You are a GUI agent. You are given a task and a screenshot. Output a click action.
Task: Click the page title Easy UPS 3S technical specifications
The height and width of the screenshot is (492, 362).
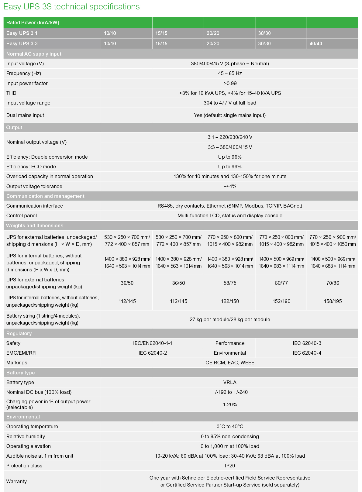click(x=71, y=7)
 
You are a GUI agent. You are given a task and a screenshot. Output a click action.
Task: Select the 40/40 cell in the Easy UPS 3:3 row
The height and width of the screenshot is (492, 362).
click(x=316, y=43)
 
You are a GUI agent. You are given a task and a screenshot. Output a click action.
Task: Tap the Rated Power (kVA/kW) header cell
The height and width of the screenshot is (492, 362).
click(x=33, y=22)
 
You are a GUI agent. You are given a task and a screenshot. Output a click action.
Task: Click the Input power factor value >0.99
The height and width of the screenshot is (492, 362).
click(x=230, y=83)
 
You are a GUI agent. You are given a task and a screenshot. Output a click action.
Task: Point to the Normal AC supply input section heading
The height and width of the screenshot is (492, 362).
click(x=34, y=54)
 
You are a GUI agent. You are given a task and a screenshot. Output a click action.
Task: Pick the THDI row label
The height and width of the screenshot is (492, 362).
click(x=12, y=93)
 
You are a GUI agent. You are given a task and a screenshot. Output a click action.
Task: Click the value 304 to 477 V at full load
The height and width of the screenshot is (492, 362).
click(x=230, y=103)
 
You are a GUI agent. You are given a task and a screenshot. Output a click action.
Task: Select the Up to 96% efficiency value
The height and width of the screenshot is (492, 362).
click(x=230, y=157)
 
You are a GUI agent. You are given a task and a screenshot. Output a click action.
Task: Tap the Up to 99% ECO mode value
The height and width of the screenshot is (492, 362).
click(x=230, y=167)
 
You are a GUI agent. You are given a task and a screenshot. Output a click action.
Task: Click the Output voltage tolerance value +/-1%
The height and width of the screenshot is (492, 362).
click(x=230, y=186)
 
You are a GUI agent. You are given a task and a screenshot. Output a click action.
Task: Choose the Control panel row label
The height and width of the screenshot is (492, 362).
click(x=22, y=215)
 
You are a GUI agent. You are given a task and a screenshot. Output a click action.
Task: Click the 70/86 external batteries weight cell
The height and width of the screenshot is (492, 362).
click(x=333, y=283)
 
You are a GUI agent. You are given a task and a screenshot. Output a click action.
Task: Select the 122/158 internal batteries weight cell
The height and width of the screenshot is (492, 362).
click(x=230, y=301)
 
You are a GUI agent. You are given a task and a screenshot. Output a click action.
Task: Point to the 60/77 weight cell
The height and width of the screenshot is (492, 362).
click(x=281, y=283)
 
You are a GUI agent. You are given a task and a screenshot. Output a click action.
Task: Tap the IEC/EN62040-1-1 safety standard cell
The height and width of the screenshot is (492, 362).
click(x=153, y=343)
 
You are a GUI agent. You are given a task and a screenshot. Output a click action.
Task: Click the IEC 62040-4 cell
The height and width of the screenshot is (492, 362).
click(x=307, y=353)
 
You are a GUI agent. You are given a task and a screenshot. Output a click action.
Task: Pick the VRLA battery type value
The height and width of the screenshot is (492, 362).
click(x=230, y=382)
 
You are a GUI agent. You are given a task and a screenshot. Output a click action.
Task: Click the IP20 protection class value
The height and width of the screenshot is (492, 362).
click(x=230, y=466)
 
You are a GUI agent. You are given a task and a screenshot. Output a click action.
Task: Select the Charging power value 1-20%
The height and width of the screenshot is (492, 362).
click(x=230, y=404)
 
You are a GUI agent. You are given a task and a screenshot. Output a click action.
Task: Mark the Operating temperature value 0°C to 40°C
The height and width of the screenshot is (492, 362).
click(x=230, y=426)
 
